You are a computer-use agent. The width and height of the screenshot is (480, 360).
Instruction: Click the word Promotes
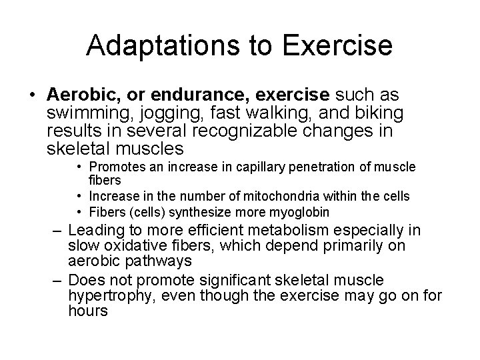(x=113, y=166)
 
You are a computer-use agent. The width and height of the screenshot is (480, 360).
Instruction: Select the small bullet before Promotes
(x=79, y=166)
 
